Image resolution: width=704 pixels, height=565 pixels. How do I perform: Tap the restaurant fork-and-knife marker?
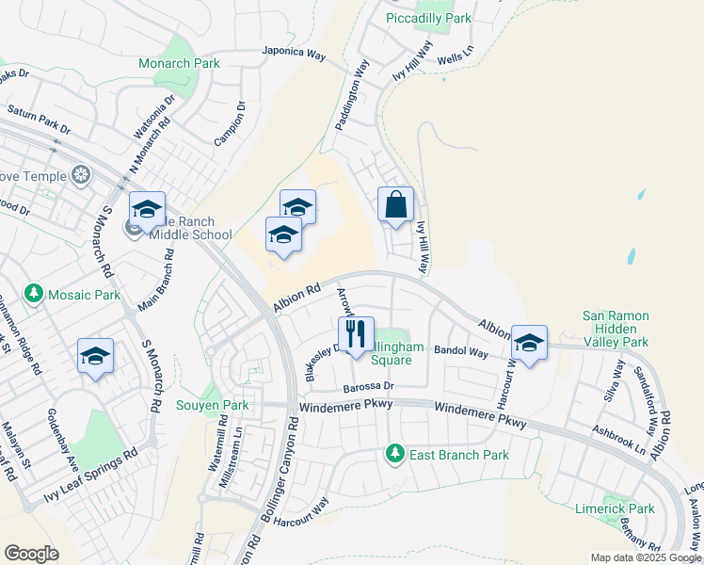click(x=356, y=335)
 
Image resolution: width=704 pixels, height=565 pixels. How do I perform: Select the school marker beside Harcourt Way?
click(x=529, y=343)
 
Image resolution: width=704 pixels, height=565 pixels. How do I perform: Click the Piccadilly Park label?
click(x=429, y=18)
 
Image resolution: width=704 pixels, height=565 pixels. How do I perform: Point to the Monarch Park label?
click(x=179, y=63)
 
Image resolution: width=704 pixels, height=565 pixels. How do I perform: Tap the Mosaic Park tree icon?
click(x=35, y=295)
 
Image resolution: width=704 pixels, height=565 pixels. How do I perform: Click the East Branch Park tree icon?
click(x=394, y=455)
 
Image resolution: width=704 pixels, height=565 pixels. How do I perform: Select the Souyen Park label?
click(x=213, y=406)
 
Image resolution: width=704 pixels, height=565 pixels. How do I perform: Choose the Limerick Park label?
click(x=615, y=508)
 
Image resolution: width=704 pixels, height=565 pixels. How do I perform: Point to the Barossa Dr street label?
click(x=367, y=386)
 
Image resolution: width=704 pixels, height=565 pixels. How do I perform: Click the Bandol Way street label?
click(x=460, y=352)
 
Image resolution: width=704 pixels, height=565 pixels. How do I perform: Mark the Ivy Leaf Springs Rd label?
click(x=90, y=476)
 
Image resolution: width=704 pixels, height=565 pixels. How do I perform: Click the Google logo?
click(x=31, y=554)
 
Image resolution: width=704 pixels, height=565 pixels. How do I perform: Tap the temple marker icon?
click(x=82, y=176)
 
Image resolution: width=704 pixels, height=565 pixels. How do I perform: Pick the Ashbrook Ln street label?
click(x=618, y=438)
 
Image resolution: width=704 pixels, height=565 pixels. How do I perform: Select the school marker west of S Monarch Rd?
click(x=95, y=357)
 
